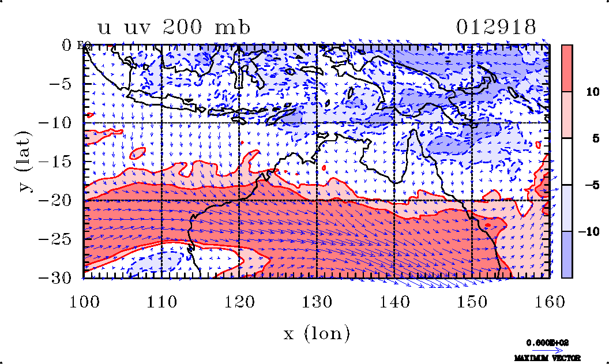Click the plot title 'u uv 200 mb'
click(x=174, y=28)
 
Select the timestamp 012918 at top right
click(x=496, y=27)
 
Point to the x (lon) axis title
click(x=316, y=333)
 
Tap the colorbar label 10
click(x=588, y=92)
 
